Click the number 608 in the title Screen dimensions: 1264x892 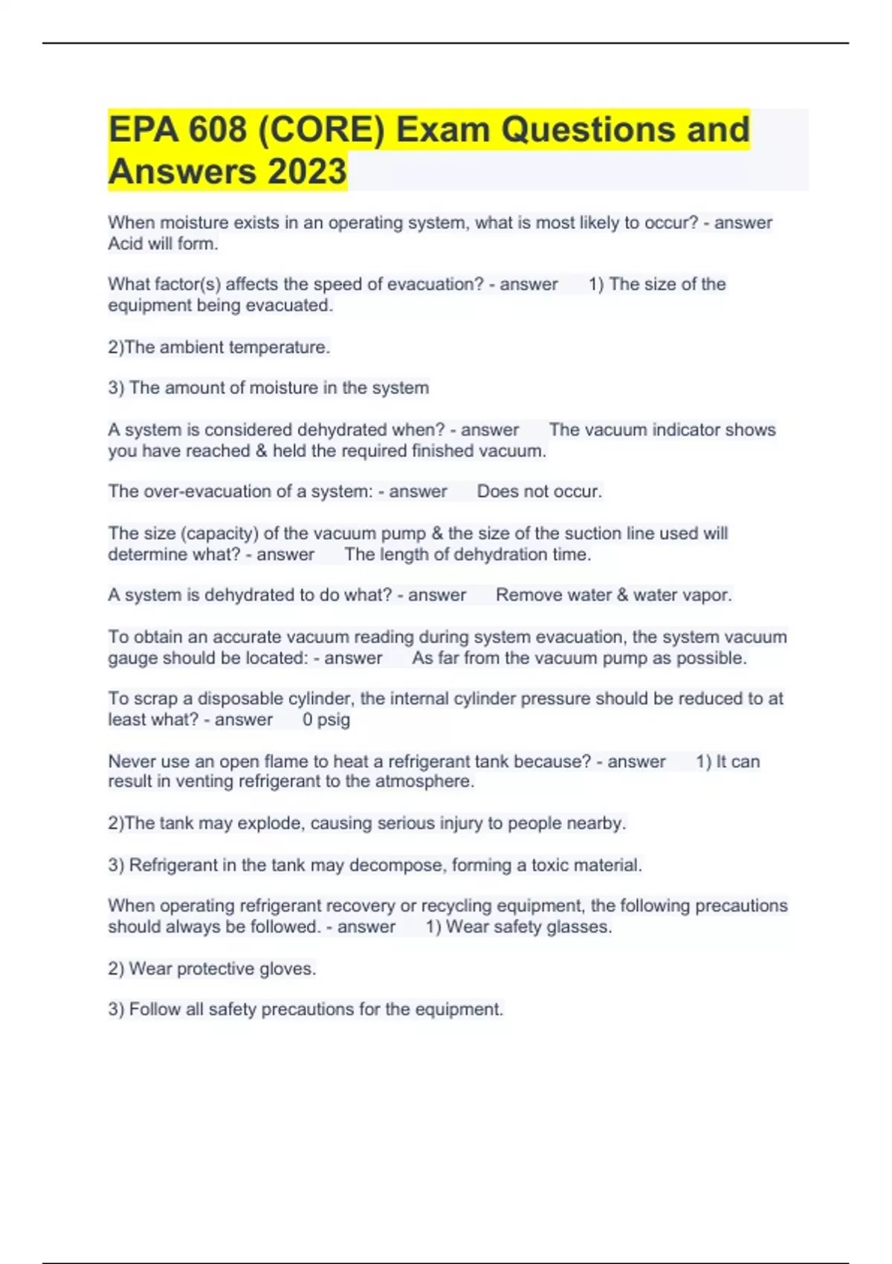coord(217,130)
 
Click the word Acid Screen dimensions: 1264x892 coord(126,244)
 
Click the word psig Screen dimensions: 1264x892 coord(334,720)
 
